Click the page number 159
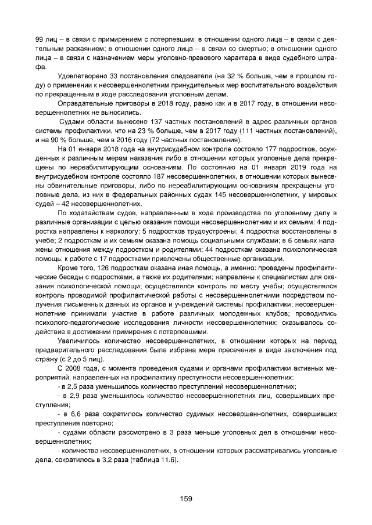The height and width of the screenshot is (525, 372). point(186,498)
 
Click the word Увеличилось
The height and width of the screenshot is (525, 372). point(81,342)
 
